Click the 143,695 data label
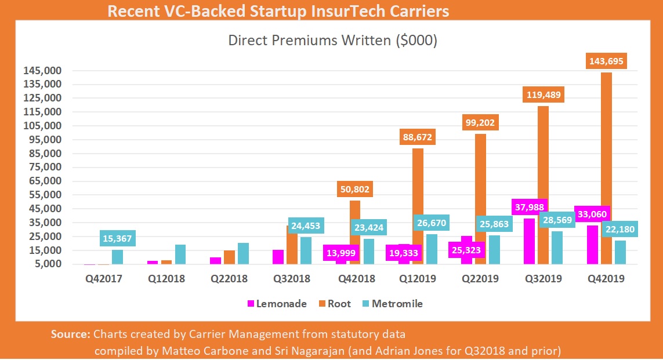coord(606,61)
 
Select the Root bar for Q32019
coord(543,186)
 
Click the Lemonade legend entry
coord(277,304)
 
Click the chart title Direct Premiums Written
coord(332,41)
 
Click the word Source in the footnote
coord(69,334)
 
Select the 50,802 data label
coord(354,190)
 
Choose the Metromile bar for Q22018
coord(243,253)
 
